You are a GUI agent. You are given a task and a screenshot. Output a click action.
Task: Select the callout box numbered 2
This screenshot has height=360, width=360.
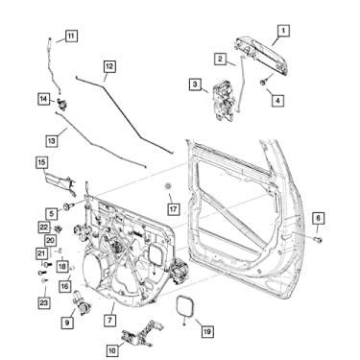pyautogui.click(x=220, y=59)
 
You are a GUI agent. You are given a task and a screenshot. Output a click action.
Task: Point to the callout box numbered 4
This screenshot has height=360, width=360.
pyautogui.click(x=277, y=98)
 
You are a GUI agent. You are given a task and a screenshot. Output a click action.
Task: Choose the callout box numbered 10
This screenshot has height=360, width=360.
pyautogui.click(x=113, y=350)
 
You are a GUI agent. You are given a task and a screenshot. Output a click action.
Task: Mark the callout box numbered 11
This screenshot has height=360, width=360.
pyautogui.click(x=71, y=36)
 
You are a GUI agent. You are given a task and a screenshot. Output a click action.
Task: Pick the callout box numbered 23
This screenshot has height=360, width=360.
pyautogui.click(x=43, y=302)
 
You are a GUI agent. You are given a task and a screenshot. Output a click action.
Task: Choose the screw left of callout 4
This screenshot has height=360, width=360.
pyautogui.click(x=261, y=84)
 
